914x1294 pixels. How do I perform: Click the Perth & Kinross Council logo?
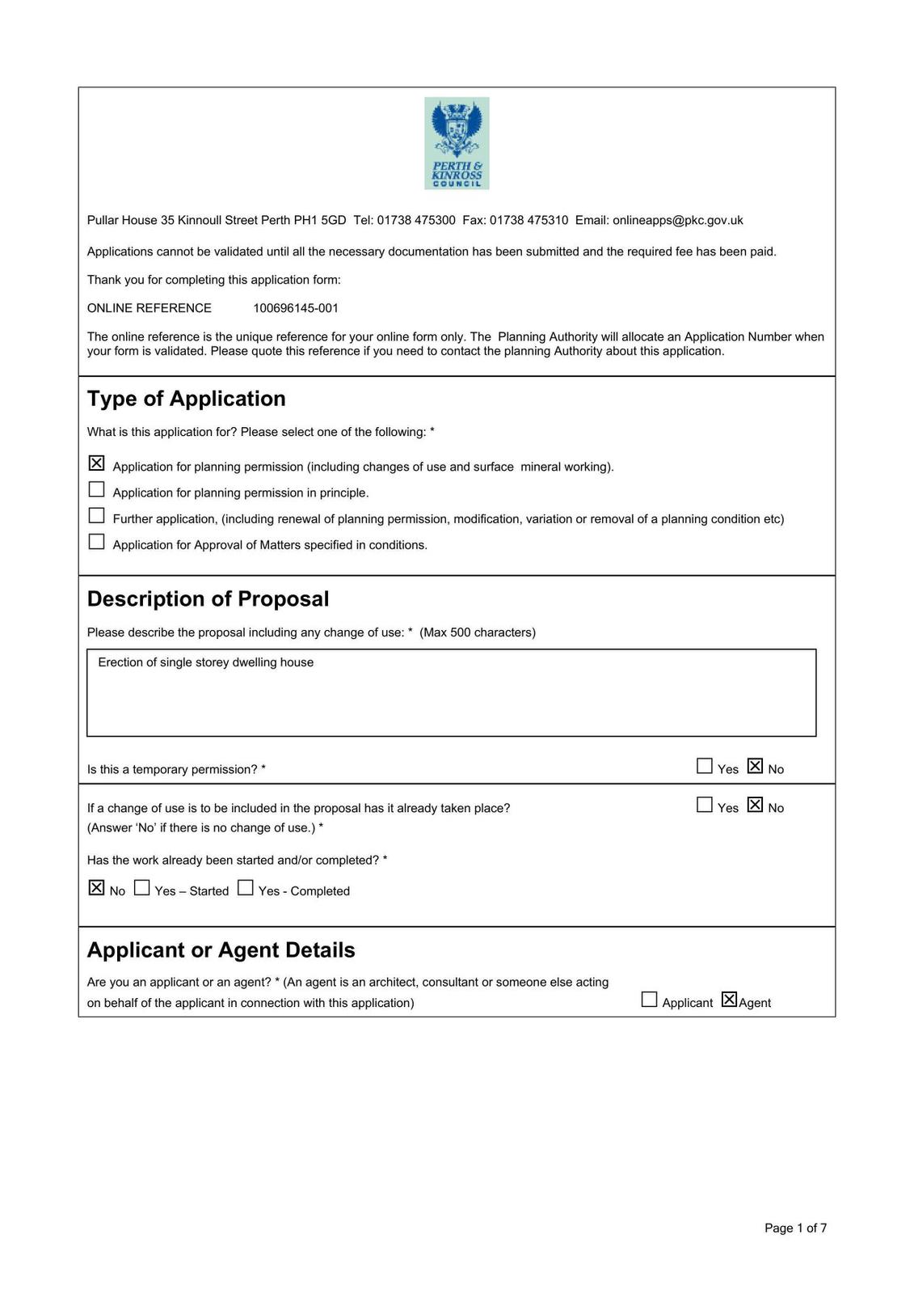[x=457, y=143]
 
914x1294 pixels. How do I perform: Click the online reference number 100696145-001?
[x=296, y=308]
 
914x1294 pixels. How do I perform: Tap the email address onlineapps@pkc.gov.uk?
[x=677, y=220]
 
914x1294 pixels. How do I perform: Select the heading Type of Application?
[x=186, y=399]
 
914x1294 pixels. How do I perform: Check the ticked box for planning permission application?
[x=96, y=463]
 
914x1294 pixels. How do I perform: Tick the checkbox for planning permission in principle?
[x=96, y=489]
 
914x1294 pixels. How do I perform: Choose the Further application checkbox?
[x=96, y=515]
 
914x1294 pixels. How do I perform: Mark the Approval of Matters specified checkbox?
[x=96, y=542]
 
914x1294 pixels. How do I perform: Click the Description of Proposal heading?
[x=208, y=598]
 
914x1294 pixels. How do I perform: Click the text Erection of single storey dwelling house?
[x=205, y=662]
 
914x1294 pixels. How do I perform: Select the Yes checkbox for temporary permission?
[x=705, y=766]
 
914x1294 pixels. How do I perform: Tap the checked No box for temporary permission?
[x=756, y=766]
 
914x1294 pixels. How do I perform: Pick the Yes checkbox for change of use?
[x=705, y=805]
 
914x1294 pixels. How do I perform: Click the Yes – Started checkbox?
[x=142, y=888]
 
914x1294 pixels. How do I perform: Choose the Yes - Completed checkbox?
[x=246, y=888]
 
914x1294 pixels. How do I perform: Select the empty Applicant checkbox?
[x=649, y=1000]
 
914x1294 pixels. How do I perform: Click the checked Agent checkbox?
[x=729, y=1000]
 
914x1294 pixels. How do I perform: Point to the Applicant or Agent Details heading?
[x=221, y=949]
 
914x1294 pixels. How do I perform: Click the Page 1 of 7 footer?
[x=795, y=1228]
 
